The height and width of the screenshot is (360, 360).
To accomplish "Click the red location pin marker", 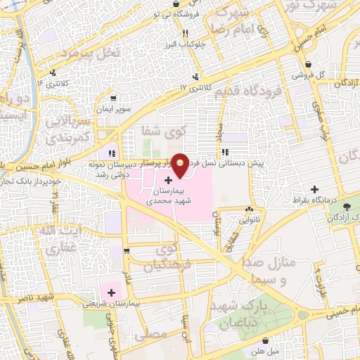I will pyautogui.click(x=180, y=164).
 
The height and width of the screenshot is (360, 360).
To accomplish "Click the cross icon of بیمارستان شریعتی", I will pyautogui.click(x=110, y=292).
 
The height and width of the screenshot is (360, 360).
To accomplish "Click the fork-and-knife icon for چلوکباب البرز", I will pyautogui.click(x=185, y=32).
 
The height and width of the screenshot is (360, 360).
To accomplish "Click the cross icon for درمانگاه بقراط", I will pyautogui.click(x=314, y=189).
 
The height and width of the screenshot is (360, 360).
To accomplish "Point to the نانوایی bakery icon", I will pyautogui.click(x=249, y=209).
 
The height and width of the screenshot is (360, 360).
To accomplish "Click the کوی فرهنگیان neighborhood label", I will pyautogui.click(x=163, y=258).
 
